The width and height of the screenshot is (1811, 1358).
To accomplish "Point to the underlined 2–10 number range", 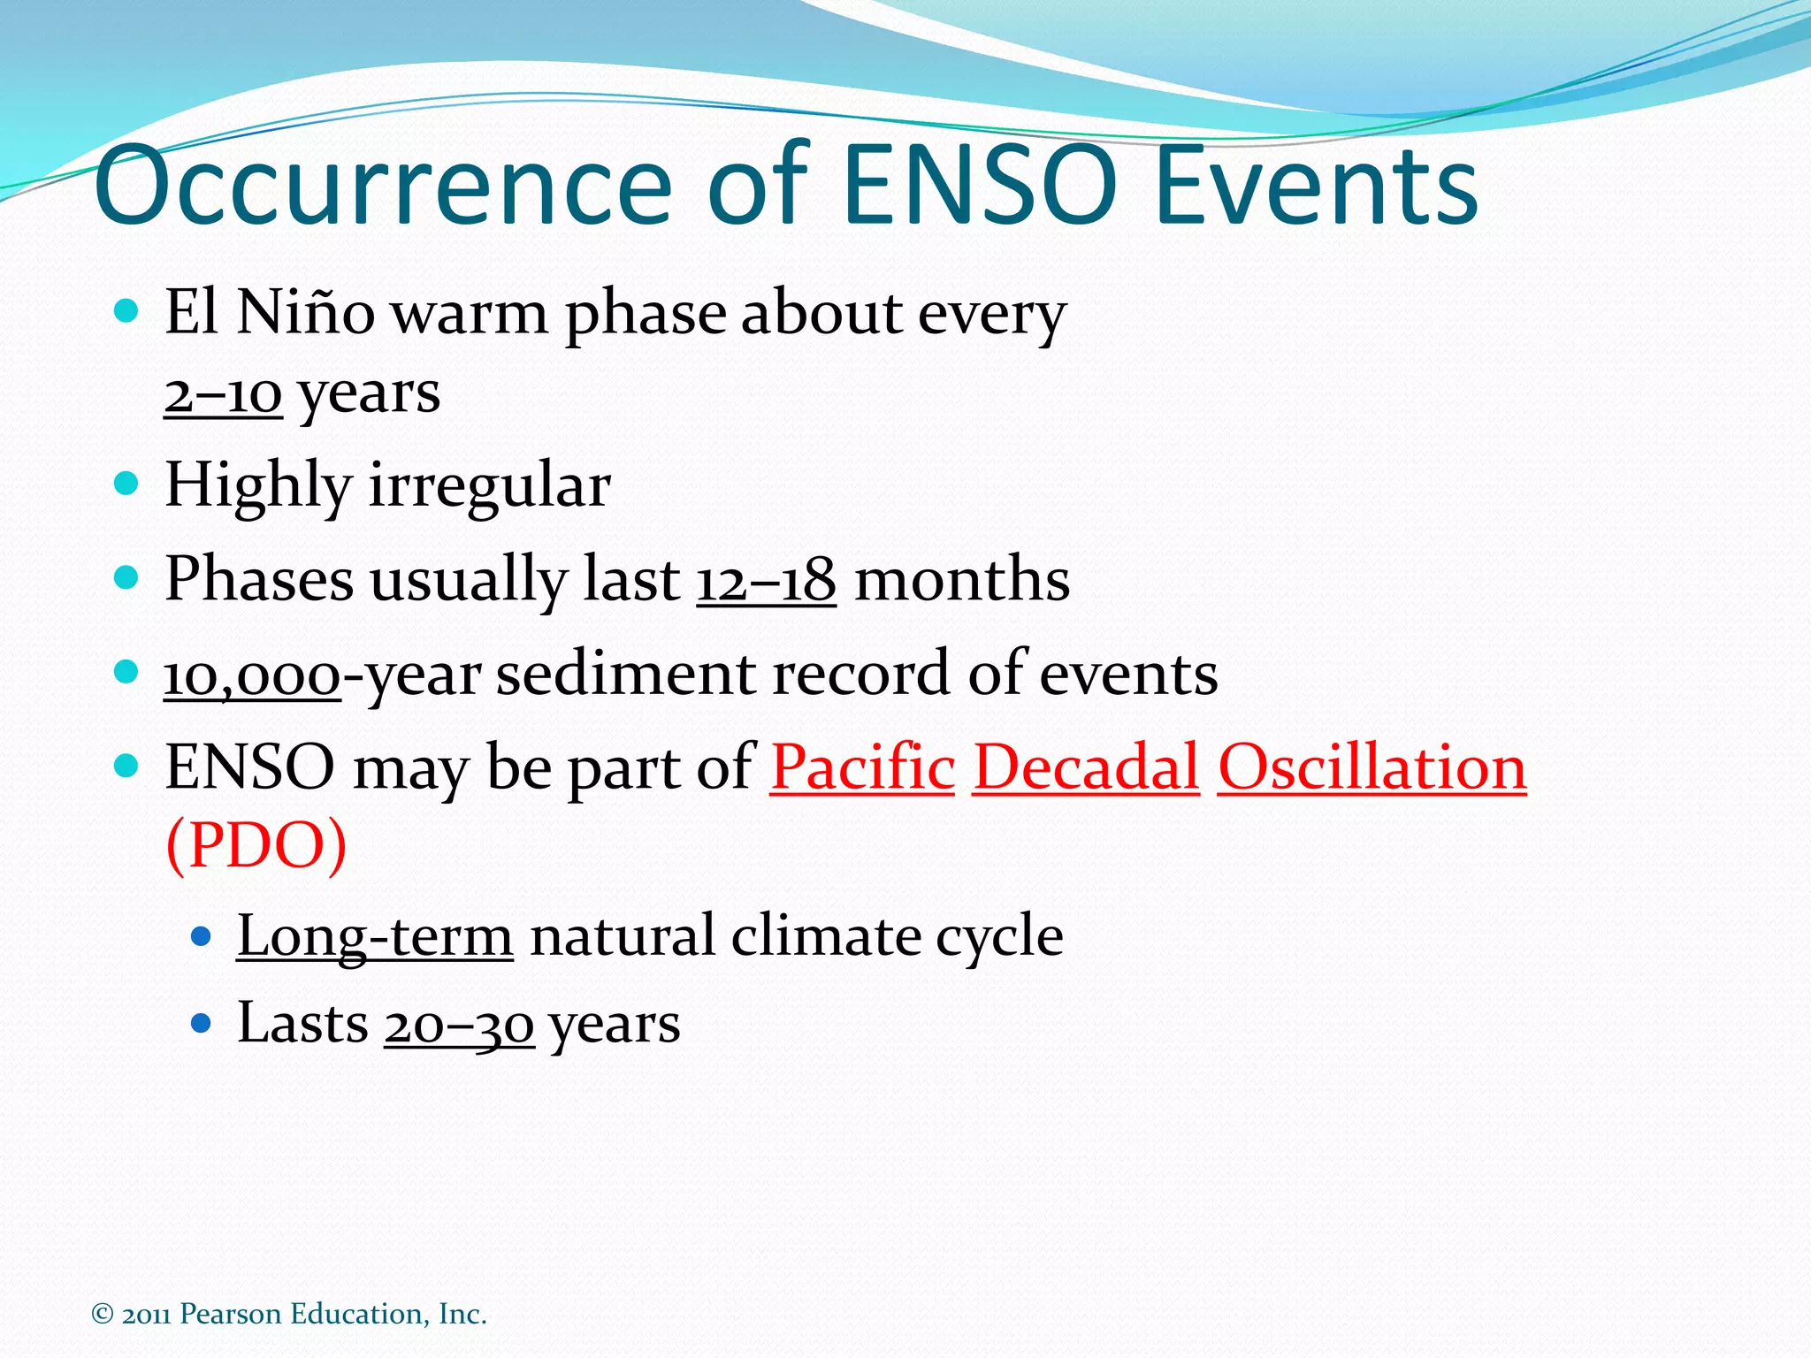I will (x=223, y=393).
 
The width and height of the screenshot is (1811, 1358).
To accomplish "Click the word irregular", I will (x=489, y=485).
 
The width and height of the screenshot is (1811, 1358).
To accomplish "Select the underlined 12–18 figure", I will (x=766, y=581).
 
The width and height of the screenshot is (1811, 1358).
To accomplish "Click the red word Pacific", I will (x=862, y=767).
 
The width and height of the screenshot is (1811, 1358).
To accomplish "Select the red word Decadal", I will (x=1086, y=767).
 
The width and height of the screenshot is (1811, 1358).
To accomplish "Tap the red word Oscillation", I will (x=1372, y=767).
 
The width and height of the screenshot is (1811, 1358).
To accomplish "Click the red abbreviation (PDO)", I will (x=256, y=845).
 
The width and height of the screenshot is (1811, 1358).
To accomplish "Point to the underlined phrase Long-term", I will (x=374, y=936).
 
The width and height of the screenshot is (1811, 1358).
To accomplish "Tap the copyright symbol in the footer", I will (x=103, y=1315).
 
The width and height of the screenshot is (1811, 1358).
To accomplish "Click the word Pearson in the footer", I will (x=230, y=1315).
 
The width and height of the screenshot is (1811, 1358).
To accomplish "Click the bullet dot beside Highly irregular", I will (x=127, y=484).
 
